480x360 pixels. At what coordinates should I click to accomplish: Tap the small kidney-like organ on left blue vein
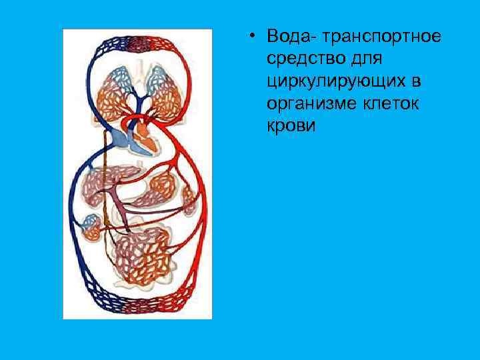click(x=91, y=227)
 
